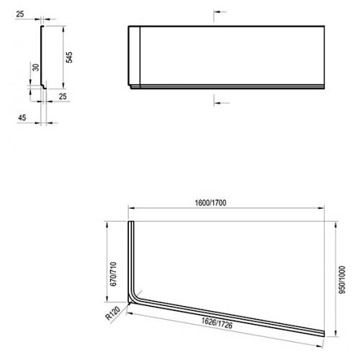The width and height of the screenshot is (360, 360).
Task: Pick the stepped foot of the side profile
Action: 45,89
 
